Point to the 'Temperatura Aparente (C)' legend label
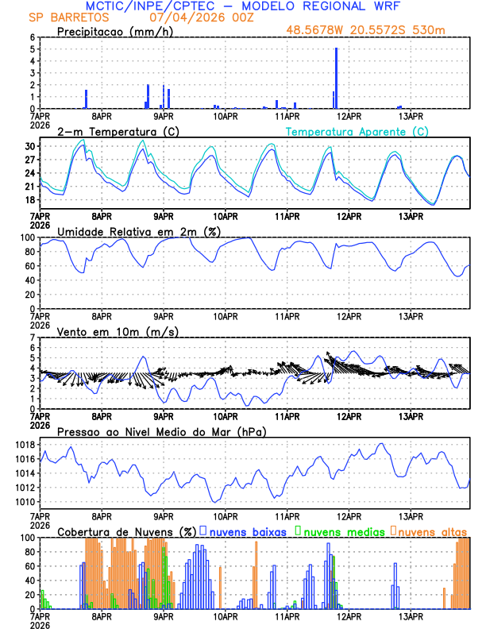tap(357, 131)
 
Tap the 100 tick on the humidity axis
tap(28, 237)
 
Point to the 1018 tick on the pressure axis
tap(25, 445)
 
